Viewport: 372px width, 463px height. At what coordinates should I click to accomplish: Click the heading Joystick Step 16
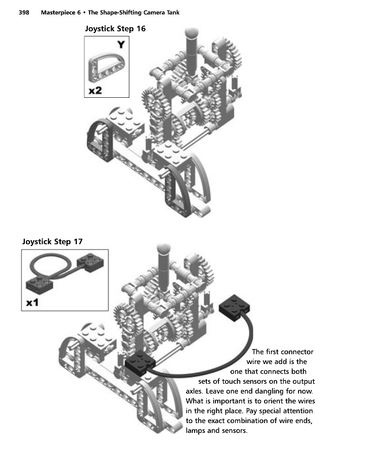coord(115,28)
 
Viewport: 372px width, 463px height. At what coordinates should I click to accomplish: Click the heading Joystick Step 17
coord(57,241)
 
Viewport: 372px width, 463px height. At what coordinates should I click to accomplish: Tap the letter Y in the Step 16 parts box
coord(120,45)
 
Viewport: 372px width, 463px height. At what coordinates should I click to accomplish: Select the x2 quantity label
coord(96,90)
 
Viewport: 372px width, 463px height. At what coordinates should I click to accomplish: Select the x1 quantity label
coord(34,302)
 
